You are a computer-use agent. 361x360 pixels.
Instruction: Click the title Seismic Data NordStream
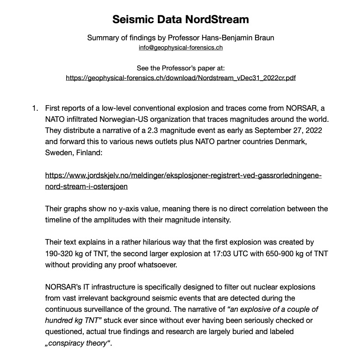(x=180, y=19)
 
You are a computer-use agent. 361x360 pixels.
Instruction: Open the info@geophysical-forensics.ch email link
(x=180, y=48)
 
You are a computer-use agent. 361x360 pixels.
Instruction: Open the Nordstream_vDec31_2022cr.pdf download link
(x=180, y=78)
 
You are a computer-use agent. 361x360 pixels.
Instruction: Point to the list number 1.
(x=34, y=109)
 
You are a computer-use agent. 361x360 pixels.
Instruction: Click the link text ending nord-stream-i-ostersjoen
(x=87, y=187)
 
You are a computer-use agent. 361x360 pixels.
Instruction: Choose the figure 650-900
(x=281, y=253)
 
